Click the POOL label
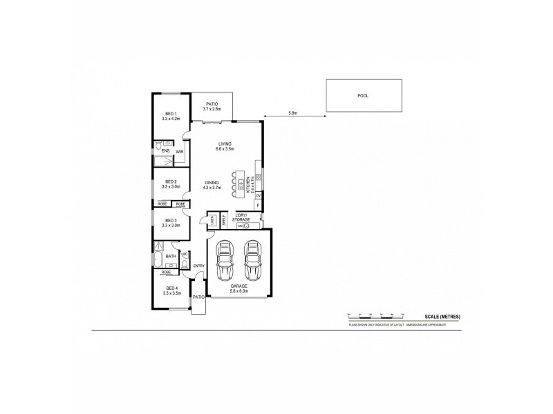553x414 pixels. tap(363, 96)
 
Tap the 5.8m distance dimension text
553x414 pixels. tap(292, 112)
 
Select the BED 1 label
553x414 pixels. tap(171, 114)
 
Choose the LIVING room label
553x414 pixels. tap(225, 144)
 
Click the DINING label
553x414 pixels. tap(212, 182)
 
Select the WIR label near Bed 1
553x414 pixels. tap(179, 151)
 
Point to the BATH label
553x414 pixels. tap(170, 257)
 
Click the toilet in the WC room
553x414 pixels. tap(185, 263)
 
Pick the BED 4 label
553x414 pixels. tap(171, 289)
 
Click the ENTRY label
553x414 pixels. tap(199, 266)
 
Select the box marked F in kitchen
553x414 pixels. tap(259, 206)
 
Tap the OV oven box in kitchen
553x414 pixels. tap(259, 195)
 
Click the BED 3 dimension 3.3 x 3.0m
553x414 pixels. tap(171, 225)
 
